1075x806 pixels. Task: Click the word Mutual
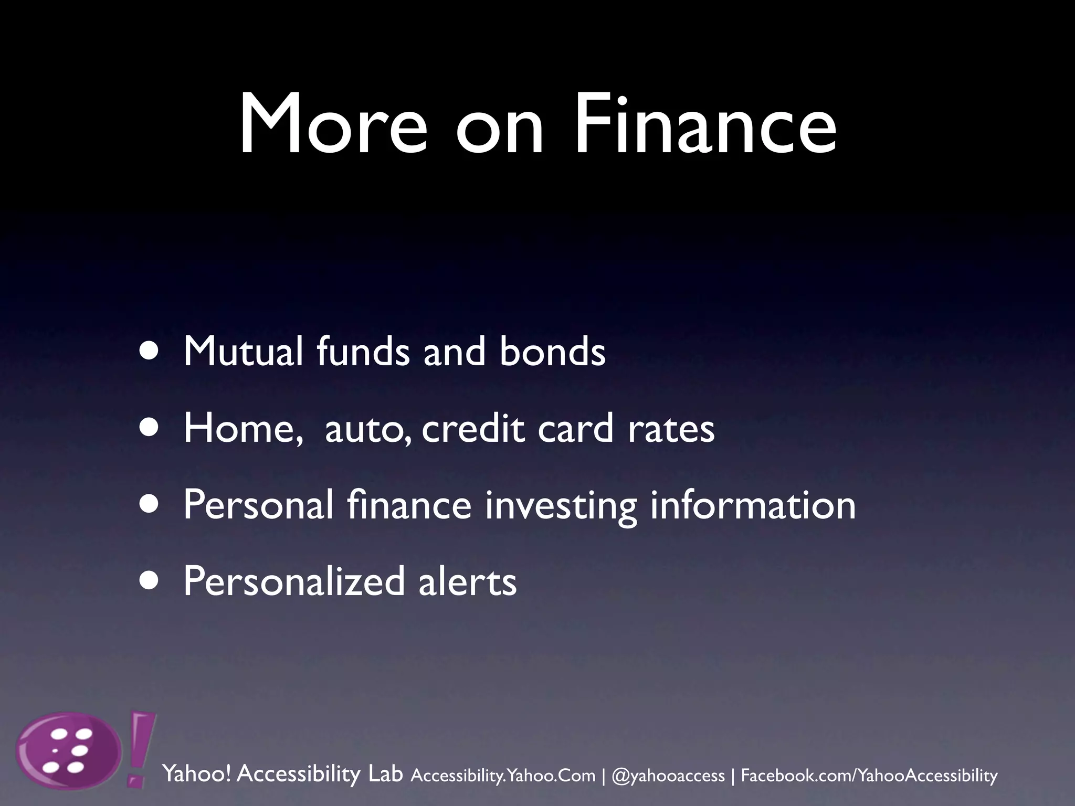(243, 351)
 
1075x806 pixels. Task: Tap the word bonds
(552, 351)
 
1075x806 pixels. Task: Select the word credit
(472, 428)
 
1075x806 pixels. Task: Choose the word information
(753, 504)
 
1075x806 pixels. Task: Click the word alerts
(467, 582)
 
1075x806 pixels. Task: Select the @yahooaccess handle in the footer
(668, 775)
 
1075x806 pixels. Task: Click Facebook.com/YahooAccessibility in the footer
(869, 775)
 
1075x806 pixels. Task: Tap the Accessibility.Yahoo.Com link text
(503, 775)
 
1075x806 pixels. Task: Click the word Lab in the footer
(386, 773)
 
